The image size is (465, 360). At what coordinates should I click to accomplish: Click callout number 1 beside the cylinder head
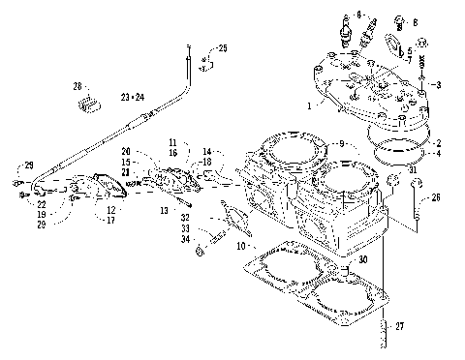coord(309,103)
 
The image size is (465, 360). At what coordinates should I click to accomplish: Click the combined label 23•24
coord(132,97)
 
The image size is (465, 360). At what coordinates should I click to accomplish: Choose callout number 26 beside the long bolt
coord(435,198)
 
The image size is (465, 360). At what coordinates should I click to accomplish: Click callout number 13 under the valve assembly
coord(164,210)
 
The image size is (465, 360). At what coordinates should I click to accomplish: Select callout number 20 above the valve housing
coord(127,151)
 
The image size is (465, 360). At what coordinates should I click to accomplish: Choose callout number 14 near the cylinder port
coord(206,152)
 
